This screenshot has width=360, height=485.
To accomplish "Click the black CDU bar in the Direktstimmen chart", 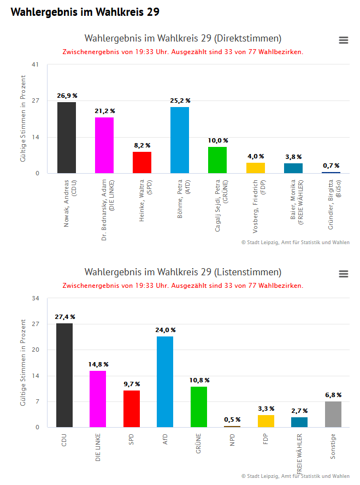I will (x=67, y=138).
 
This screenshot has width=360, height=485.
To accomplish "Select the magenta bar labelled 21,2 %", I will (x=104, y=145).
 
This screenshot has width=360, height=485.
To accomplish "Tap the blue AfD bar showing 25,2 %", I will (x=180, y=140).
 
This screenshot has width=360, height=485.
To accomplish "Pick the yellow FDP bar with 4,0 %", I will (x=255, y=168).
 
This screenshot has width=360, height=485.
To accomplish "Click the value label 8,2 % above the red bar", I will (x=142, y=146).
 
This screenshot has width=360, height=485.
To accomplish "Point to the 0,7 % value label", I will (x=331, y=165).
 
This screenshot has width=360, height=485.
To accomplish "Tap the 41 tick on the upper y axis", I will (x=36, y=64).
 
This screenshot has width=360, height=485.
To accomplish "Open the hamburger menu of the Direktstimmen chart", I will (x=344, y=40).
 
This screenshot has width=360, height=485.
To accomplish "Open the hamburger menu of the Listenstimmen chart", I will (x=344, y=274).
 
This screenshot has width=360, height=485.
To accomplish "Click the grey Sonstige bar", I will (x=333, y=415).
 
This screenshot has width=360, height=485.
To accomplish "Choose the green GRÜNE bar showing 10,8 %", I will (x=199, y=407).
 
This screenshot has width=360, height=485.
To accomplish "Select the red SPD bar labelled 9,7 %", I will (x=132, y=409).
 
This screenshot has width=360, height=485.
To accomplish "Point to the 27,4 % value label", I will (x=65, y=317).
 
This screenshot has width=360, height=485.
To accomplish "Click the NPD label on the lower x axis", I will (x=232, y=440).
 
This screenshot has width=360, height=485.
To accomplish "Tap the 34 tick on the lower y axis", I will (x=36, y=298).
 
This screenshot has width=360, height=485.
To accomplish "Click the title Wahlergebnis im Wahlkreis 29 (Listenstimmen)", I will (x=183, y=272).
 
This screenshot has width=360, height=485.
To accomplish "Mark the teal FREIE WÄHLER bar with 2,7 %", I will (x=299, y=422).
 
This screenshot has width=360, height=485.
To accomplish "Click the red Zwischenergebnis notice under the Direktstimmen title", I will (x=183, y=52).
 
